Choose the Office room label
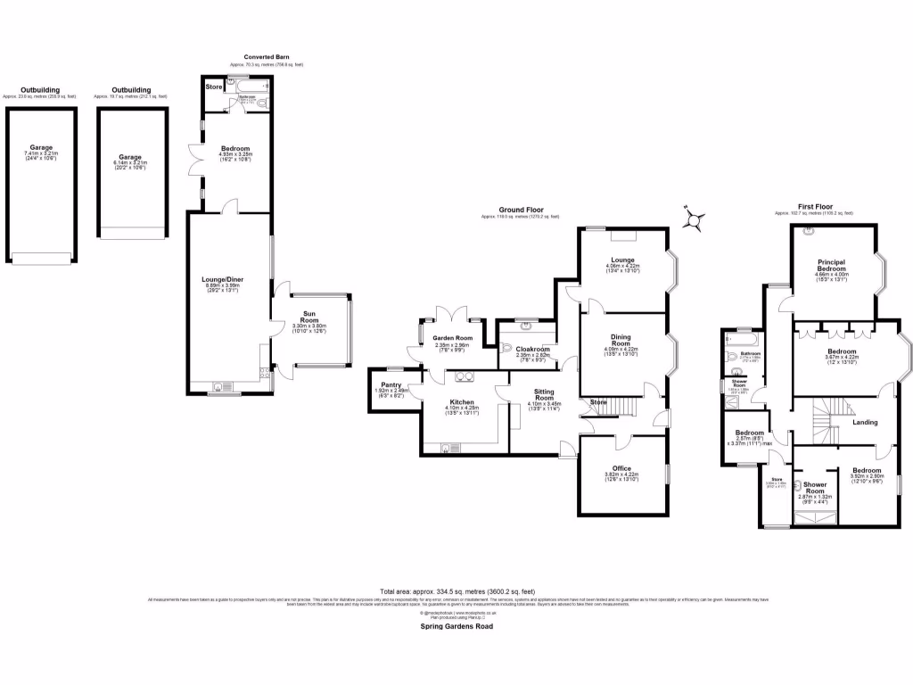(623, 468)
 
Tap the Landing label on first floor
(865, 422)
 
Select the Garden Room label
(451, 339)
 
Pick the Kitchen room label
(462, 401)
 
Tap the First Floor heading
(814, 207)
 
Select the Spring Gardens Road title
(457, 626)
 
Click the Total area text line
(457, 591)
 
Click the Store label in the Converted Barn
(214, 87)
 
